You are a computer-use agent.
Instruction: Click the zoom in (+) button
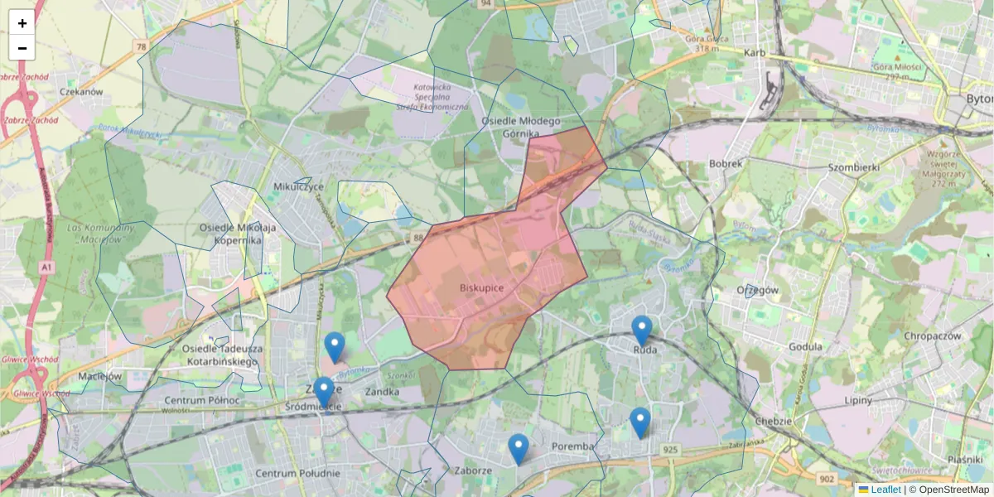[22, 23]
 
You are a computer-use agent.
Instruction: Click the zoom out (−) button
[22, 48]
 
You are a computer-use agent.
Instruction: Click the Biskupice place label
[481, 287]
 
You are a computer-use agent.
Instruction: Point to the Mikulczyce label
[298, 186]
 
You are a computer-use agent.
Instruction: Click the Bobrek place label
[726, 164]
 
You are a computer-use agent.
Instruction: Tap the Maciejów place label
[99, 376]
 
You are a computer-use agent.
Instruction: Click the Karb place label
[754, 54]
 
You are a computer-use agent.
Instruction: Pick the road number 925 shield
[671, 450]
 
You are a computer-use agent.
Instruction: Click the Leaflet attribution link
[885, 490]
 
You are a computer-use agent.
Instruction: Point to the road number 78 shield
[142, 46]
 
